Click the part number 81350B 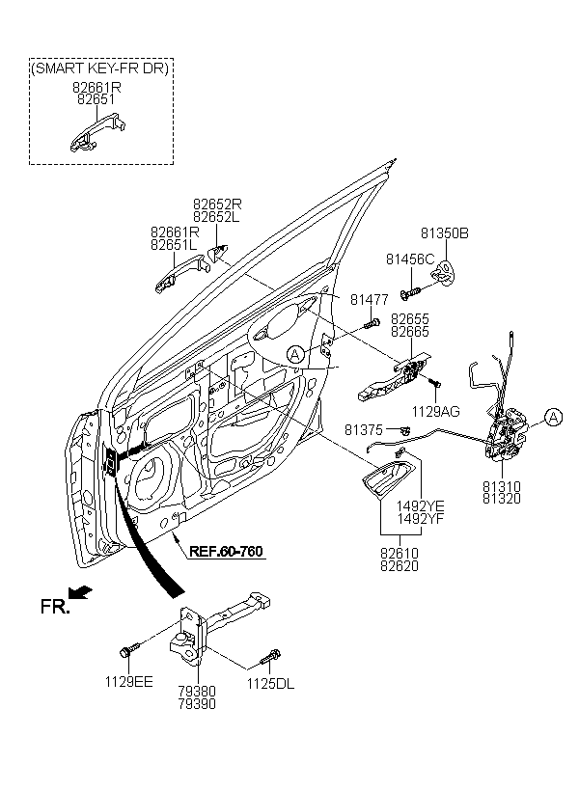(x=444, y=233)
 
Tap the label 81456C (x=410, y=259)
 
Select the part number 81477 (x=370, y=300)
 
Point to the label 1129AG (x=436, y=412)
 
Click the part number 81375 (x=364, y=430)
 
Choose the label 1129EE (x=128, y=682)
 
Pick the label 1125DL (x=270, y=684)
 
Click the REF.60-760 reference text (x=226, y=552)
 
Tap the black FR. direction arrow (x=80, y=592)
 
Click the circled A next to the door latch (x=553, y=417)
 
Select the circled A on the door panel (x=295, y=355)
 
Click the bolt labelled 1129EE (x=129, y=649)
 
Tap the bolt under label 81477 (x=371, y=322)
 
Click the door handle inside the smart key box (x=97, y=134)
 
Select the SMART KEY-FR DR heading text (x=100, y=68)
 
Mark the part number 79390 (x=197, y=704)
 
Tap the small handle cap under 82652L (x=217, y=251)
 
